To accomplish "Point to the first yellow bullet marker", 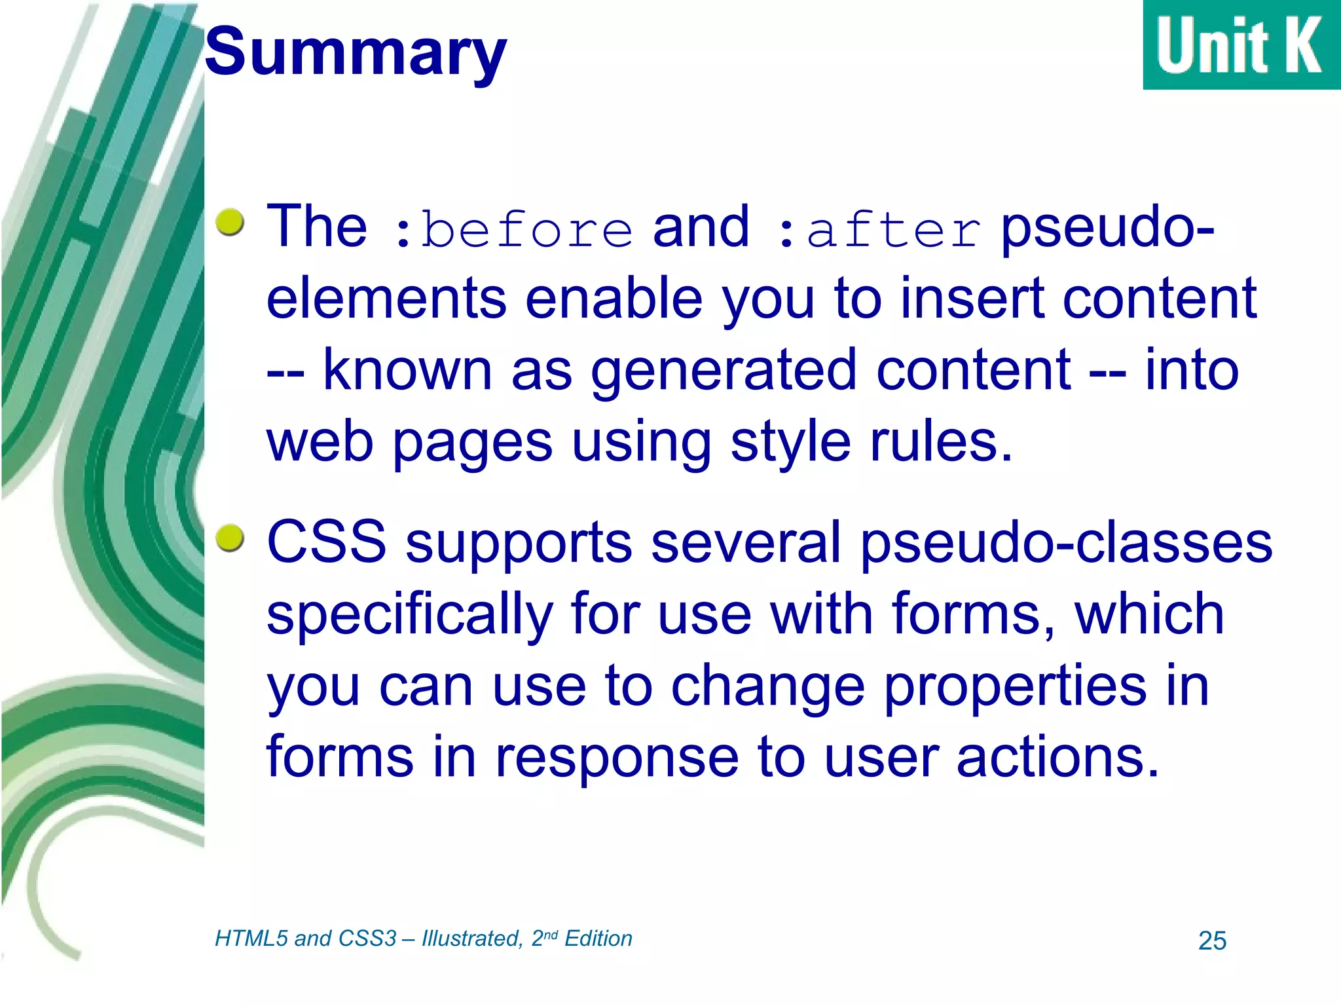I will (230, 222).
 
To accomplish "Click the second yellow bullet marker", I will (230, 538).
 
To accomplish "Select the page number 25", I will (1212, 941).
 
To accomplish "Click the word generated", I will (724, 371).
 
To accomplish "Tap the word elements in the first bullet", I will (386, 299).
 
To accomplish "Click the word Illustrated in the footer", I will (471, 939).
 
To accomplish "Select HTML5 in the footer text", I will (251, 939).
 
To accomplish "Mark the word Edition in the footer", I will (598, 939).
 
